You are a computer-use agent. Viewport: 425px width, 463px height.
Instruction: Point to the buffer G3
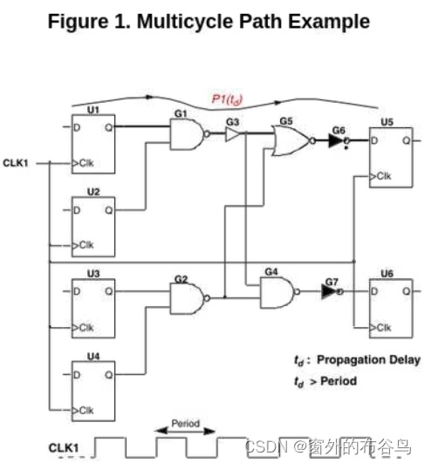pyautogui.click(x=233, y=135)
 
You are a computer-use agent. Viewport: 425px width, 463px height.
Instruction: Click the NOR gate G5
pyautogui.click(x=290, y=140)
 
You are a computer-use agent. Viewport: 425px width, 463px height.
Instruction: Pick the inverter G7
pyautogui.click(x=329, y=293)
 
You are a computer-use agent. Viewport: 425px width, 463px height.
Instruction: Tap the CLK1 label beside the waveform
pyautogui.click(x=65, y=448)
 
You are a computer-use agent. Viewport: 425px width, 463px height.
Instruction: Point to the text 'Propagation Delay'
pyautogui.click(x=367, y=360)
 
